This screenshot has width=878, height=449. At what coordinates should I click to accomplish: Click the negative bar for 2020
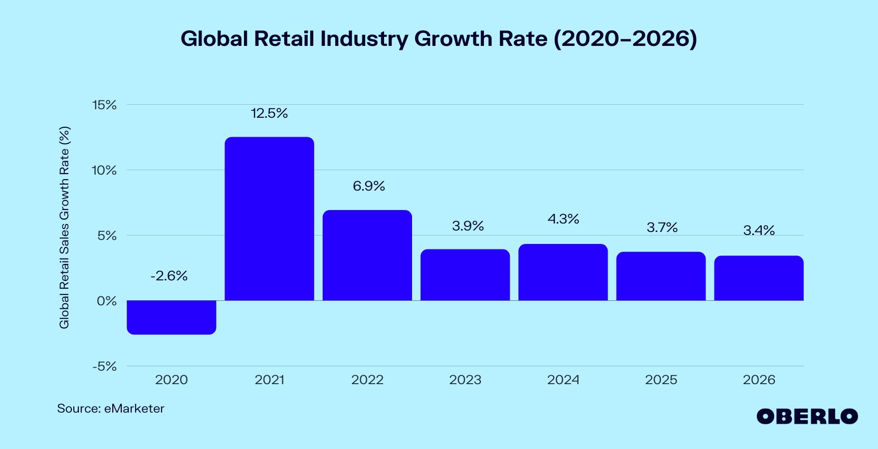pyautogui.click(x=171, y=317)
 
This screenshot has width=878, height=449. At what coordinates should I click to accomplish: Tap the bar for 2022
pyautogui.click(x=367, y=255)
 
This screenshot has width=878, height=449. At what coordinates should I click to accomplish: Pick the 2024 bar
pyautogui.click(x=563, y=272)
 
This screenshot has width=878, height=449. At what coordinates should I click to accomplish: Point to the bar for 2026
pyautogui.click(x=759, y=278)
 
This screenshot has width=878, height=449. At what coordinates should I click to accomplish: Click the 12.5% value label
pyautogui.click(x=269, y=113)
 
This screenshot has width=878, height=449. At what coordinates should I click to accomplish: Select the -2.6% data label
pyautogui.click(x=169, y=276)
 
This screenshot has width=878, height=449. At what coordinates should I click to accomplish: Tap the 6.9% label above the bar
pyautogui.click(x=369, y=186)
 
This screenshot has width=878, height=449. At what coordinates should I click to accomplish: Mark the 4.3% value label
pyautogui.click(x=563, y=219)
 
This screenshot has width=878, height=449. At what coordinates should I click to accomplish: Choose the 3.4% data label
pyautogui.click(x=759, y=230)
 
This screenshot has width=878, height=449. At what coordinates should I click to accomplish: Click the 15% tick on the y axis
pyautogui.click(x=104, y=105)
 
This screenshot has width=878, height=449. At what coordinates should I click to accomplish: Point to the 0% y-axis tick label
pyautogui.click(x=107, y=301)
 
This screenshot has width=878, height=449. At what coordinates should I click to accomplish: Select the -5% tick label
pyautogui.click(x=104, y=367)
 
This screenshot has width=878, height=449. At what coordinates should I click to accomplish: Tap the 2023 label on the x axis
pyautogui.click(x=465, y=380)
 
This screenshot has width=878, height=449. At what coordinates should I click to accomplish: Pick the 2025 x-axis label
pyautogui.click(x=661, y=380)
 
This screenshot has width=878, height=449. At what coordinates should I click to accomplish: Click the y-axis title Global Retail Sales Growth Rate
pyautogui.click(x=64, y=227)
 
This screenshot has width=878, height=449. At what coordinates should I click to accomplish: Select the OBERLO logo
pyautogui.click(x=807, y=417)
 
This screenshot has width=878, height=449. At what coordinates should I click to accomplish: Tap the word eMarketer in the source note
pyautogui.click(x=134, y=409)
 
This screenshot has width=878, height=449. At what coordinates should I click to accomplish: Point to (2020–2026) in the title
pyautogui.click(x=625, y=39)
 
